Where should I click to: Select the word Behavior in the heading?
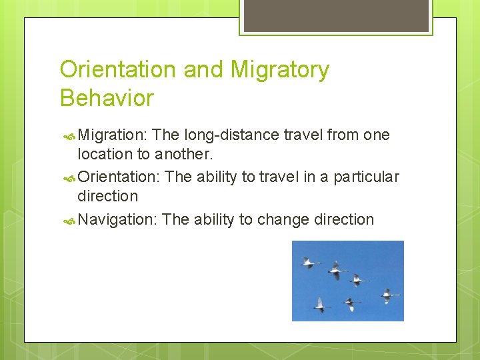coord(107,98)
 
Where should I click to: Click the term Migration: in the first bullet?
coord(112,135)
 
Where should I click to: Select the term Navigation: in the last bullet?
coord(117,219)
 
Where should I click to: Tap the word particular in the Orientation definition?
coord(365,177)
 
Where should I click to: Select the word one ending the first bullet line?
coord(376,135)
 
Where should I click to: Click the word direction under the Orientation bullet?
coord(108,196)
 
